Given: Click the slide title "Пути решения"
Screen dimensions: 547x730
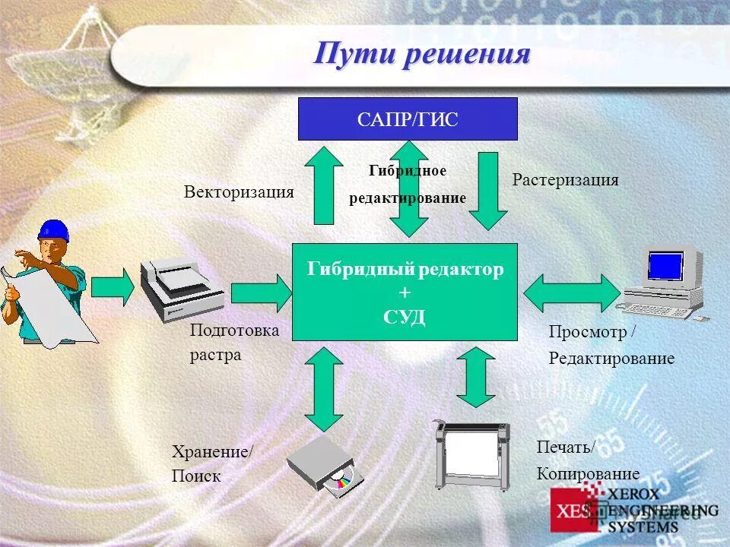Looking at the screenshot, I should tap(422, 55).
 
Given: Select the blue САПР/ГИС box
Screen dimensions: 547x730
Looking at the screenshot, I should tap(408, 119).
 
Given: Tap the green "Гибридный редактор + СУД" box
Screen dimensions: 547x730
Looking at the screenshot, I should tap(405, 292).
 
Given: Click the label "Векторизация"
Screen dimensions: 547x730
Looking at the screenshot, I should tap(239, 191).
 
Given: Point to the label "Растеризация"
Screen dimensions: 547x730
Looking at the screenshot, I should tap(565, 180).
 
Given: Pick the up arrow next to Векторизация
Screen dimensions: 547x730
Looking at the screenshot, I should tap(324, 185).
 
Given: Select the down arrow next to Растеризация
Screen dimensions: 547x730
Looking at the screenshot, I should tap(487, 190).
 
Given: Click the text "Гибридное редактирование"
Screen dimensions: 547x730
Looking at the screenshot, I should tap(408, 185).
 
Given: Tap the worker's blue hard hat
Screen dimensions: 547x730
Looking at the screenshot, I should tap(53, 230).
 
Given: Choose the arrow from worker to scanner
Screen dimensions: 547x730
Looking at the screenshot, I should tap(112, 286).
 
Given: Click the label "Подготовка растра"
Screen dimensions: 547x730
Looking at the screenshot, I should tap(234, 343).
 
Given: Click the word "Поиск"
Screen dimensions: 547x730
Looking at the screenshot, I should tap(196, 476).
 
